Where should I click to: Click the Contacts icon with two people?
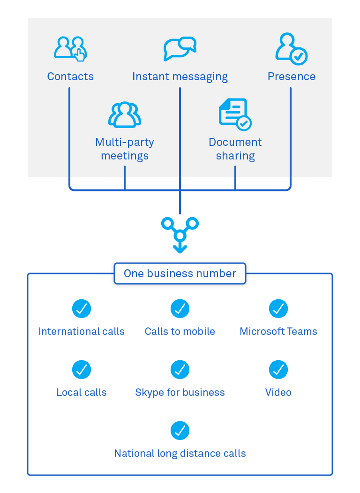click(x=70, y=48)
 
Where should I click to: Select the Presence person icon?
click(x=291, y=48)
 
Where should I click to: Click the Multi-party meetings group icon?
click(x=125, y=114)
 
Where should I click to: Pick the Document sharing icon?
click(x=235, y=114)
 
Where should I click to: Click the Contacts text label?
click(x=70, y=76)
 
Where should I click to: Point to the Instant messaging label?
click(x=180, y=76)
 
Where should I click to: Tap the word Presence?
click(x=291, y=76)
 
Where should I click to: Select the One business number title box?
click(x=180, y=273)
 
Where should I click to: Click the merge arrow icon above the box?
click(x=180, y=235)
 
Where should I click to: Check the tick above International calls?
click(x=82, y=309)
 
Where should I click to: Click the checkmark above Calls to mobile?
click(x=180, y=309)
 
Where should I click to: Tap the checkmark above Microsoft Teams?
click(x=278, y=309)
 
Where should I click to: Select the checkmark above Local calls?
click(x=82, y=370)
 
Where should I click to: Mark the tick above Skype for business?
click(x=180, y=370)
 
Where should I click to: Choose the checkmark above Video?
click(x=278, y=370)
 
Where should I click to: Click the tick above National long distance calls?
click(x=180, y=431)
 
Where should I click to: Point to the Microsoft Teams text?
click(x=278, y=332)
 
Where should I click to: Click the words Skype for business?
click(x=180, y=393)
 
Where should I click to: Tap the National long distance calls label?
click(x=180, y=454)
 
